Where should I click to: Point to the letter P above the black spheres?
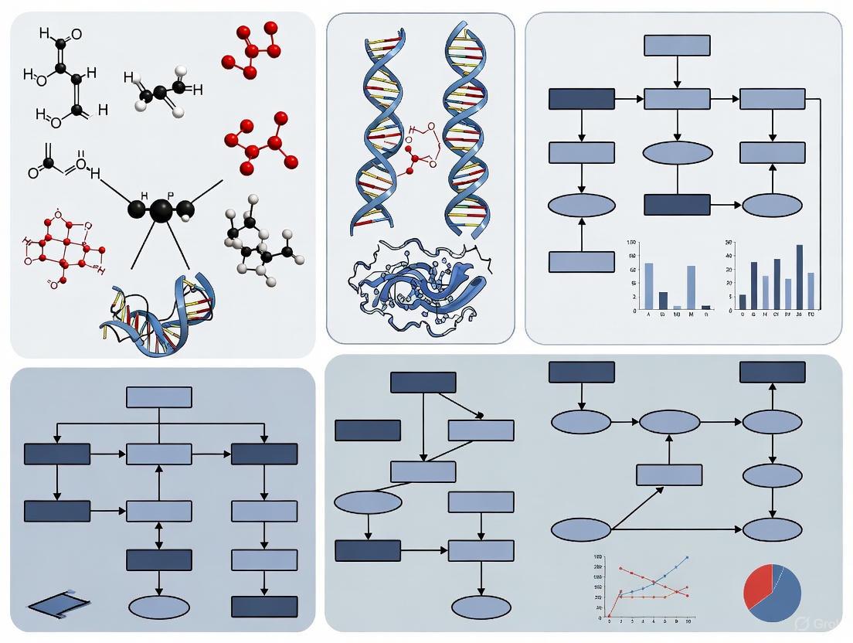click(172, 196)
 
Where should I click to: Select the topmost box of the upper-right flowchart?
click(677, 45)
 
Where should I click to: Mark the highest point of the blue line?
click(687, 557)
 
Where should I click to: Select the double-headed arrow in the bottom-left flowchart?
click(158, 536)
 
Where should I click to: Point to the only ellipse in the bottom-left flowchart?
click(158, 607)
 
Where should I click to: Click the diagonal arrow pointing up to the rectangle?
click(637, 508)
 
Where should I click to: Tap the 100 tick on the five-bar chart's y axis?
click(632, 244)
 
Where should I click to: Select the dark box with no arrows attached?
click(368, 430)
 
